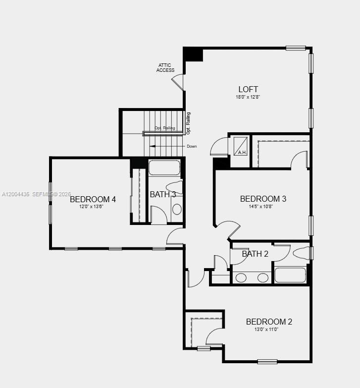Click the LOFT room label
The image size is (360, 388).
(248, 90)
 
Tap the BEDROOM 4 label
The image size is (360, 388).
(93, 199)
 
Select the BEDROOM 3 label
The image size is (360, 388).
(263, 199)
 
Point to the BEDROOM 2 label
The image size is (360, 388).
(269, 322)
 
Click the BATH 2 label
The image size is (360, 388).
(255, 254)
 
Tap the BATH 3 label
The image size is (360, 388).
(163, 194)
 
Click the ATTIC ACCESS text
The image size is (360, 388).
(165, 67)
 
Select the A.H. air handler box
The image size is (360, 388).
(241, 145)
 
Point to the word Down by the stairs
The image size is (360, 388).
(192, 146)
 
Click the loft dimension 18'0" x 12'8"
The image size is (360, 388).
(248, 97)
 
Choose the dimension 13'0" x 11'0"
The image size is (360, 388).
(266, 329)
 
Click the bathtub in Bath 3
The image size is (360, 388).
(164, 167)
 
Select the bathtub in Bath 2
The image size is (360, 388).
(290, 275)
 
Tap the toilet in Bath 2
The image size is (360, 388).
(302, 253)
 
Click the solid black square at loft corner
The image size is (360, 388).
(193, 54)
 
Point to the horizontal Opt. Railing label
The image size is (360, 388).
(165, 128)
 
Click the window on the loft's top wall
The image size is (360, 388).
(296, 48)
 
